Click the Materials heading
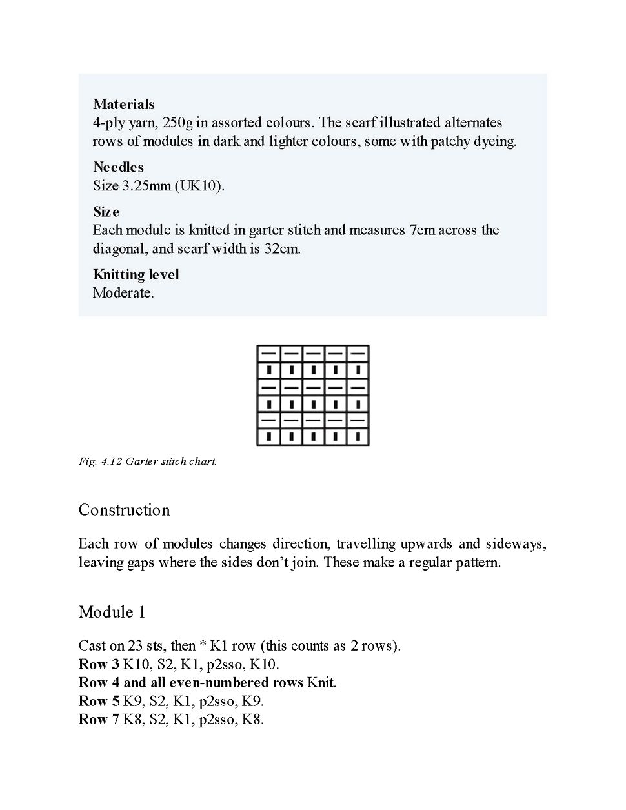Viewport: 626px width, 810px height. pos(123,104)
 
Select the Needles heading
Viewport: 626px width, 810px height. pos(118,167)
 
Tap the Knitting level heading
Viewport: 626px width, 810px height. pos(136,274)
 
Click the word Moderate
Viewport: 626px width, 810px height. pos(123,292)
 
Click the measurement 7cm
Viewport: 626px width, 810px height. pos(422,230)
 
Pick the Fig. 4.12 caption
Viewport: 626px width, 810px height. pos(148,461)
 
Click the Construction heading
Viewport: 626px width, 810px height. pos(124,510)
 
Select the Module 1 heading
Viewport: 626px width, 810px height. pos(112,612)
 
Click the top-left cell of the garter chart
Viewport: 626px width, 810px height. pos(268,354)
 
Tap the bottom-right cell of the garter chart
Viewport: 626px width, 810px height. pos(358,437)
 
